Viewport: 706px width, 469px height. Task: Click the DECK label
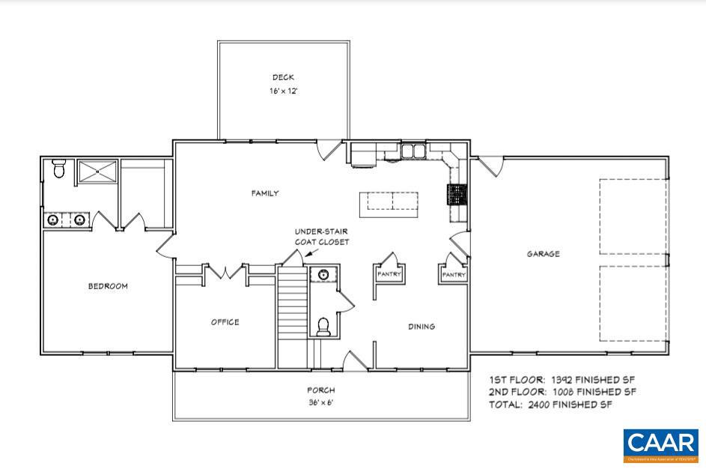click(x=283, y=77)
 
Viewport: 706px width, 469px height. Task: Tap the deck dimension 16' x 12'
click(x=283, y=91)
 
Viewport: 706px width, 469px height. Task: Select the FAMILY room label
click(x=264, y=193)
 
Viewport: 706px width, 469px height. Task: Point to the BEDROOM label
click(x=108, y=286)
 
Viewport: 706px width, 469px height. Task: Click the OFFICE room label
click(x=225, y=322)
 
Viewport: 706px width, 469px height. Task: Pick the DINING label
click(x=422, y=327)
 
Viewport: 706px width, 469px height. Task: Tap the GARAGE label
click(x=543, y=254)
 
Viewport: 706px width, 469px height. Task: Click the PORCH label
click(x=320, y=390)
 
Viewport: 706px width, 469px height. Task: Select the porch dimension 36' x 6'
click(x=320, y=402)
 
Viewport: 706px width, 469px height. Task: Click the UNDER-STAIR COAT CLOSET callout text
click(x=321, y=237)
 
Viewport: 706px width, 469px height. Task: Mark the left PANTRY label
click(x=389, y=274)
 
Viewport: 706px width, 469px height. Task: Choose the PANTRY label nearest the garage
click(x=454, y=275)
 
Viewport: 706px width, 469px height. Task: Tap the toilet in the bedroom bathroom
click(x=59, y=170)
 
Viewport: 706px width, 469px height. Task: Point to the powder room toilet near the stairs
click(x=324, y=327)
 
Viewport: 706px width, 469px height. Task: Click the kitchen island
click(x=389, y=202)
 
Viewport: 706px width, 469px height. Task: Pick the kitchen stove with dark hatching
click(x=457, y=195)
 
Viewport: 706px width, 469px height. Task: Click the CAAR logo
click(x=661, y=444)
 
